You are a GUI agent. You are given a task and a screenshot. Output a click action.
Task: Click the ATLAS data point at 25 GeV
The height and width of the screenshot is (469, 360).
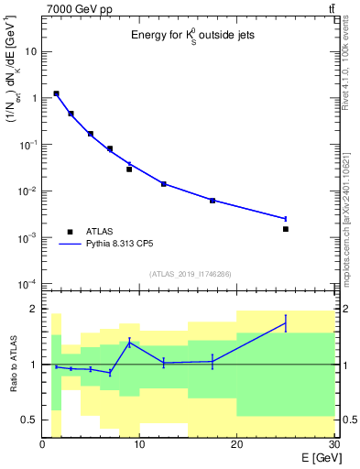pos(286,229)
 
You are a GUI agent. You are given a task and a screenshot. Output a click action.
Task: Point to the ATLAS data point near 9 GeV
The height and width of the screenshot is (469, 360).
pos(129,169)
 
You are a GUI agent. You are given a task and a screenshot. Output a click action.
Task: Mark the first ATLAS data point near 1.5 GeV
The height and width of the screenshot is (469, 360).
pos(57,93)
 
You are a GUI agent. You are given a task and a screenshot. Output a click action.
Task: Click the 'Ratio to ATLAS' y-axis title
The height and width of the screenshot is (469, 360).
pos(12,365)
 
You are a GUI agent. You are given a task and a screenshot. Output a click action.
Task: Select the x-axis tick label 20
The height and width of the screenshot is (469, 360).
pos(237,444)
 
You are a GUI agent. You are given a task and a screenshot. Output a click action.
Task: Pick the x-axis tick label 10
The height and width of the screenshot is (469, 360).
pos(139,444)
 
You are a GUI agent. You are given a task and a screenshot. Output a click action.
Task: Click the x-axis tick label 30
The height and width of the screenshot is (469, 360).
pos(333,444)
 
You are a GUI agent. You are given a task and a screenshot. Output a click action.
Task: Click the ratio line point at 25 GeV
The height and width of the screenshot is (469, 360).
pos(286,322)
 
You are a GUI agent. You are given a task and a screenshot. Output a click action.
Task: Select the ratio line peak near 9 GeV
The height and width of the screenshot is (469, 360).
pos(129,342)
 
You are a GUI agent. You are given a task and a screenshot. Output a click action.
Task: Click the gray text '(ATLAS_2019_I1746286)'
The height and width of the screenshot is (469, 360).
pos(189,274)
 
